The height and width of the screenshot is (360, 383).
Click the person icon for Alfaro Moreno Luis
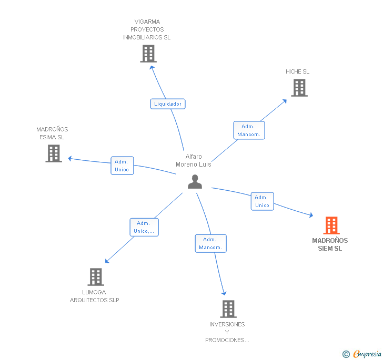(x=195, y=181)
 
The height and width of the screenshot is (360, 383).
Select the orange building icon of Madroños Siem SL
(x=331, y=225)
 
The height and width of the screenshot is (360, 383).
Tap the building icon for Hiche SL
(x=299, y=88)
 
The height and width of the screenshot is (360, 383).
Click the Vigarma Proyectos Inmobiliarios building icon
(x=148, y=54)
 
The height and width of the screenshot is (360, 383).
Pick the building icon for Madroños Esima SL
(x=54, y=153)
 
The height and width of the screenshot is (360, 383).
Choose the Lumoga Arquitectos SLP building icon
(x=95, y=276)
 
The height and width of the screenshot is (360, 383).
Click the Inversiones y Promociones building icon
(x=228, y=309)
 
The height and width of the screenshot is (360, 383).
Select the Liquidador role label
(x=168, y=104)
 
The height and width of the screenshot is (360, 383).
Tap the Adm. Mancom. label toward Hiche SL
(x=249, y=130)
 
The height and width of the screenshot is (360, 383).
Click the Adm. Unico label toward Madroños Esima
(x=122, y=166)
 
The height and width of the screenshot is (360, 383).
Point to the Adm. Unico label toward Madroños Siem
(x=262, y=201)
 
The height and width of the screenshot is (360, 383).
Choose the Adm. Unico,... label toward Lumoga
(x=144, y=227)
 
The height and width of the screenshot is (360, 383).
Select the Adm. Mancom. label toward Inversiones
(x=210, y=243)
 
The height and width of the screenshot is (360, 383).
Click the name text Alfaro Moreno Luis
(x=194, y=160)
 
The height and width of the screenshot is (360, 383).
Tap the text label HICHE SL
(x=298, y=71)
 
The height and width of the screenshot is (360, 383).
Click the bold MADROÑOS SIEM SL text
(x=330, y=244)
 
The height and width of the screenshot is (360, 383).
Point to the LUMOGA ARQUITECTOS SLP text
(x=95, y=296)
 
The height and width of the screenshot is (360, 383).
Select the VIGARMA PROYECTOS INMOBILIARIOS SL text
(x=147, y=29)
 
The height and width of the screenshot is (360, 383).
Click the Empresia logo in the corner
(x=362, y=354)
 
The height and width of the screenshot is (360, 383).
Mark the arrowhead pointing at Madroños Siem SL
(x=311, y=215)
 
